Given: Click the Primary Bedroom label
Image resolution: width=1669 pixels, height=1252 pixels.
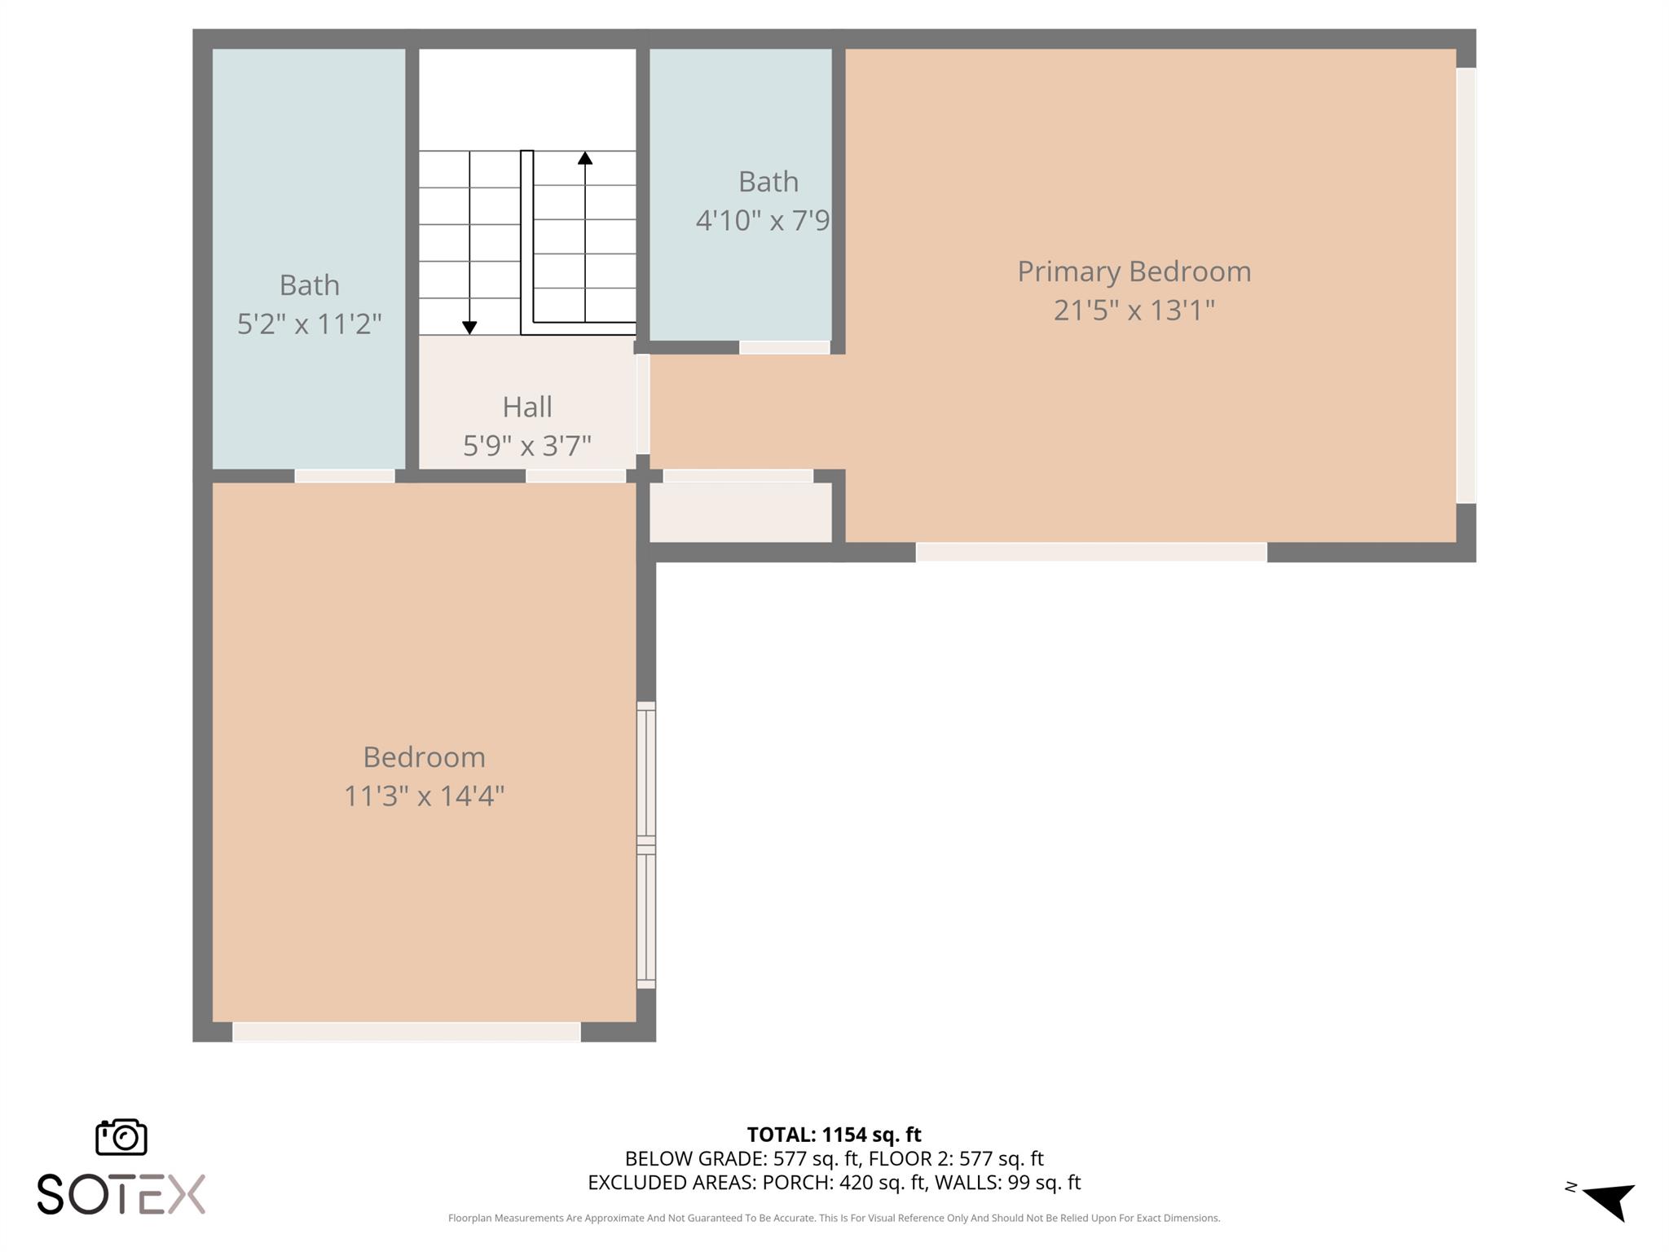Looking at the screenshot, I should click(1134, 271).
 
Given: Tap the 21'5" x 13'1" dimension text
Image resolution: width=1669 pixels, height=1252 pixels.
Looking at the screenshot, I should click(1134, 311).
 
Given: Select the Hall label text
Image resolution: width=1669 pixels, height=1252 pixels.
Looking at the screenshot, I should click(526, 407).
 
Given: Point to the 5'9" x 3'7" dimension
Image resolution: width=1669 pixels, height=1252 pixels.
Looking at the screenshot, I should click(526, 446).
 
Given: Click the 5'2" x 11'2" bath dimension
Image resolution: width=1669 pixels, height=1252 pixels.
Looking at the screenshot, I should click(309, 324).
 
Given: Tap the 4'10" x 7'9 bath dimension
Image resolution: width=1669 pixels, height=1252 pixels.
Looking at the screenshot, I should click(762, 221).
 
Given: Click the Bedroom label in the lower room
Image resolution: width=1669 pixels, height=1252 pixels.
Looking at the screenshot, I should click(424, 757).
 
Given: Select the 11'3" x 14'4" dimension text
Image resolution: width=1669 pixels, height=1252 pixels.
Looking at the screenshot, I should click(424, 796).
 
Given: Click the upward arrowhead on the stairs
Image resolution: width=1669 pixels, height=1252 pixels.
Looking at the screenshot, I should click(585, 158).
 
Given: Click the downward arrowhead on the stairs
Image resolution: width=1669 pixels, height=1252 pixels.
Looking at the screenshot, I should click(469, 328).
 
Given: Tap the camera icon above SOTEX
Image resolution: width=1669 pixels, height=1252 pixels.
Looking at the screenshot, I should click(121, 1137).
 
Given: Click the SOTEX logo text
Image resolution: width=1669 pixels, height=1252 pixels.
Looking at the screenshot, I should click(121, 1194).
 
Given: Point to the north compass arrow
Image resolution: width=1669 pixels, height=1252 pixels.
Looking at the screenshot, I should click(1609, 1200).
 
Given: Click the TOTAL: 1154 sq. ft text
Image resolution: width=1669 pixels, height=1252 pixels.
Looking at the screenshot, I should click(834, 1135).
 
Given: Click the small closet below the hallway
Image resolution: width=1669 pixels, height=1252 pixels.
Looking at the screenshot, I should click(740, 512).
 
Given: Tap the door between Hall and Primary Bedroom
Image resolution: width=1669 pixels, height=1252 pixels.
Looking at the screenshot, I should click(643, 403).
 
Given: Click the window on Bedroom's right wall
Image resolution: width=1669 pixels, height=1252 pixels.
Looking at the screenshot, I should click(645, 844).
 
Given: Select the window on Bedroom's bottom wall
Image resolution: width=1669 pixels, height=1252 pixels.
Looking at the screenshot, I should click(407, 1032).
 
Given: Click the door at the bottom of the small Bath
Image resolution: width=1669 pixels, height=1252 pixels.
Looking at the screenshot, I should click(784, 348).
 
